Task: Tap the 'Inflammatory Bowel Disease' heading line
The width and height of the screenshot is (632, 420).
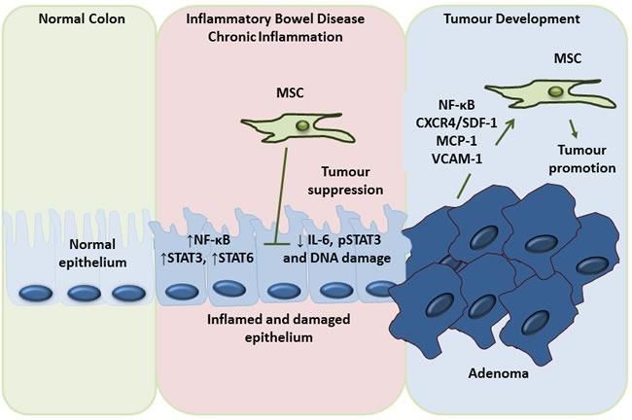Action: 275,19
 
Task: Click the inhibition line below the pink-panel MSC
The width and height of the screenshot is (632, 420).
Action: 283,204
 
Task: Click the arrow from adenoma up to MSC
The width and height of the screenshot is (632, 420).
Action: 482,136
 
